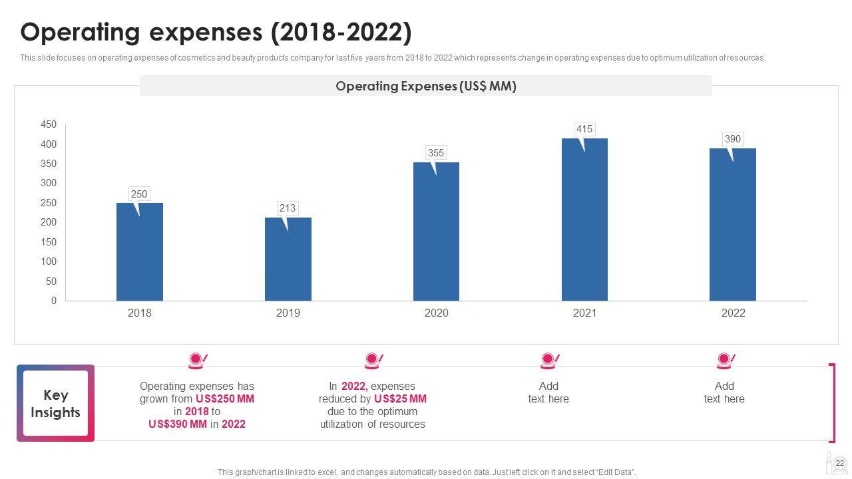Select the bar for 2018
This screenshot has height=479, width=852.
coord(140,253)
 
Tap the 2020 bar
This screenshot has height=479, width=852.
coord(436,233)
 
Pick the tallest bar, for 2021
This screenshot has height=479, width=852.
coord(584,220)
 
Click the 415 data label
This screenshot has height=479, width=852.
coord(584,129)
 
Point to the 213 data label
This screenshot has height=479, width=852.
coord(288,208)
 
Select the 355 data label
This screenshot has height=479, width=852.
coord(436,153)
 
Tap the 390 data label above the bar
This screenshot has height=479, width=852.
coord(733,139)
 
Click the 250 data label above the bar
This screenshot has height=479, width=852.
coord(139,194)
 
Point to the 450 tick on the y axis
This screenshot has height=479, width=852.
coord(49,125)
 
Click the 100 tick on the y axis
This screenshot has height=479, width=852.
coord(49,262)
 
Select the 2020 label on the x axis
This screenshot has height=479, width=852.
coord(437,313)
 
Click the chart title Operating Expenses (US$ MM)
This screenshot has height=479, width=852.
coord(426,86)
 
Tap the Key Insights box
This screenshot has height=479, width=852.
coord(56,404)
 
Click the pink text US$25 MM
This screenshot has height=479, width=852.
coord(400,399)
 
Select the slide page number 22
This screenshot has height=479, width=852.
coord(840,464)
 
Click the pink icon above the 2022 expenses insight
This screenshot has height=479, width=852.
coord(373,361)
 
